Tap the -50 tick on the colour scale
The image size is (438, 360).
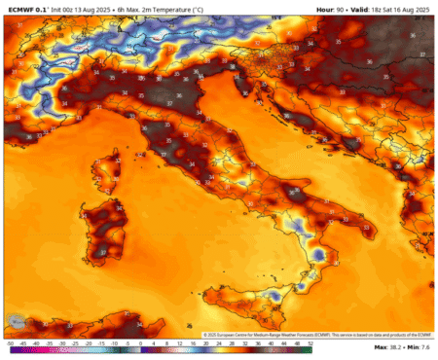9,343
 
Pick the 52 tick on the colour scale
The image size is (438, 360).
310,343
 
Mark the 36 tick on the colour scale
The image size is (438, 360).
257,343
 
